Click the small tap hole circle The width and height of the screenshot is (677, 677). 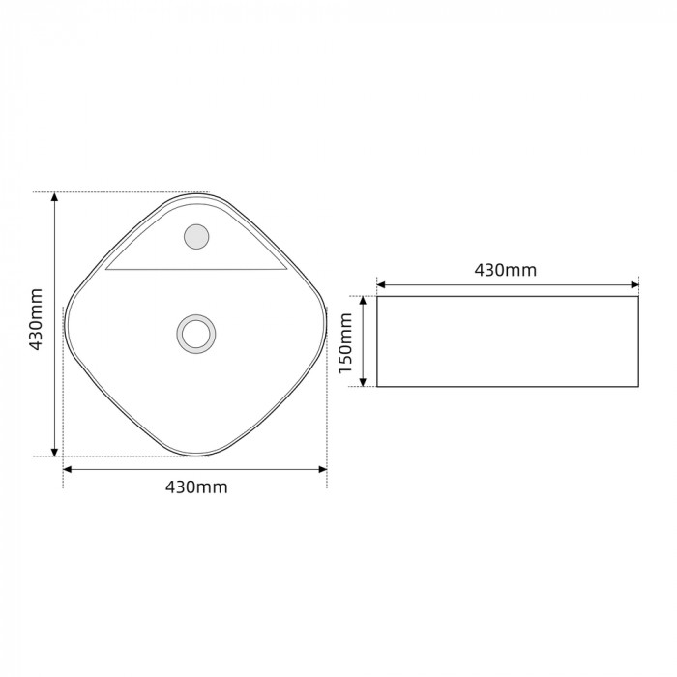click(196, 236)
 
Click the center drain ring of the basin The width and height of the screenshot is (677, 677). click(196, 333)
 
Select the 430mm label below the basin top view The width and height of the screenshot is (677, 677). click(196, 486)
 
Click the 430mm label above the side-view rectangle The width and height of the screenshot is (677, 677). click(505, 270)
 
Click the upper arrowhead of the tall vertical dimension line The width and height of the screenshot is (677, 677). click(55, 197)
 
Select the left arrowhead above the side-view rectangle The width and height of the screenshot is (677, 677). click(381, 284)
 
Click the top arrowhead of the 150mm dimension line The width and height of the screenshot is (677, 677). click(364, 301)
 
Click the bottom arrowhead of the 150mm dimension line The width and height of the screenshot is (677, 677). click(364, 382)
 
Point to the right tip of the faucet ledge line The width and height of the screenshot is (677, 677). click(288, 270)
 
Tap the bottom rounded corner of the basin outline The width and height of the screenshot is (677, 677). click(196, 456)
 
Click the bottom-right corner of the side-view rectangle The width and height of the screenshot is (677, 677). click(638, 387)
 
